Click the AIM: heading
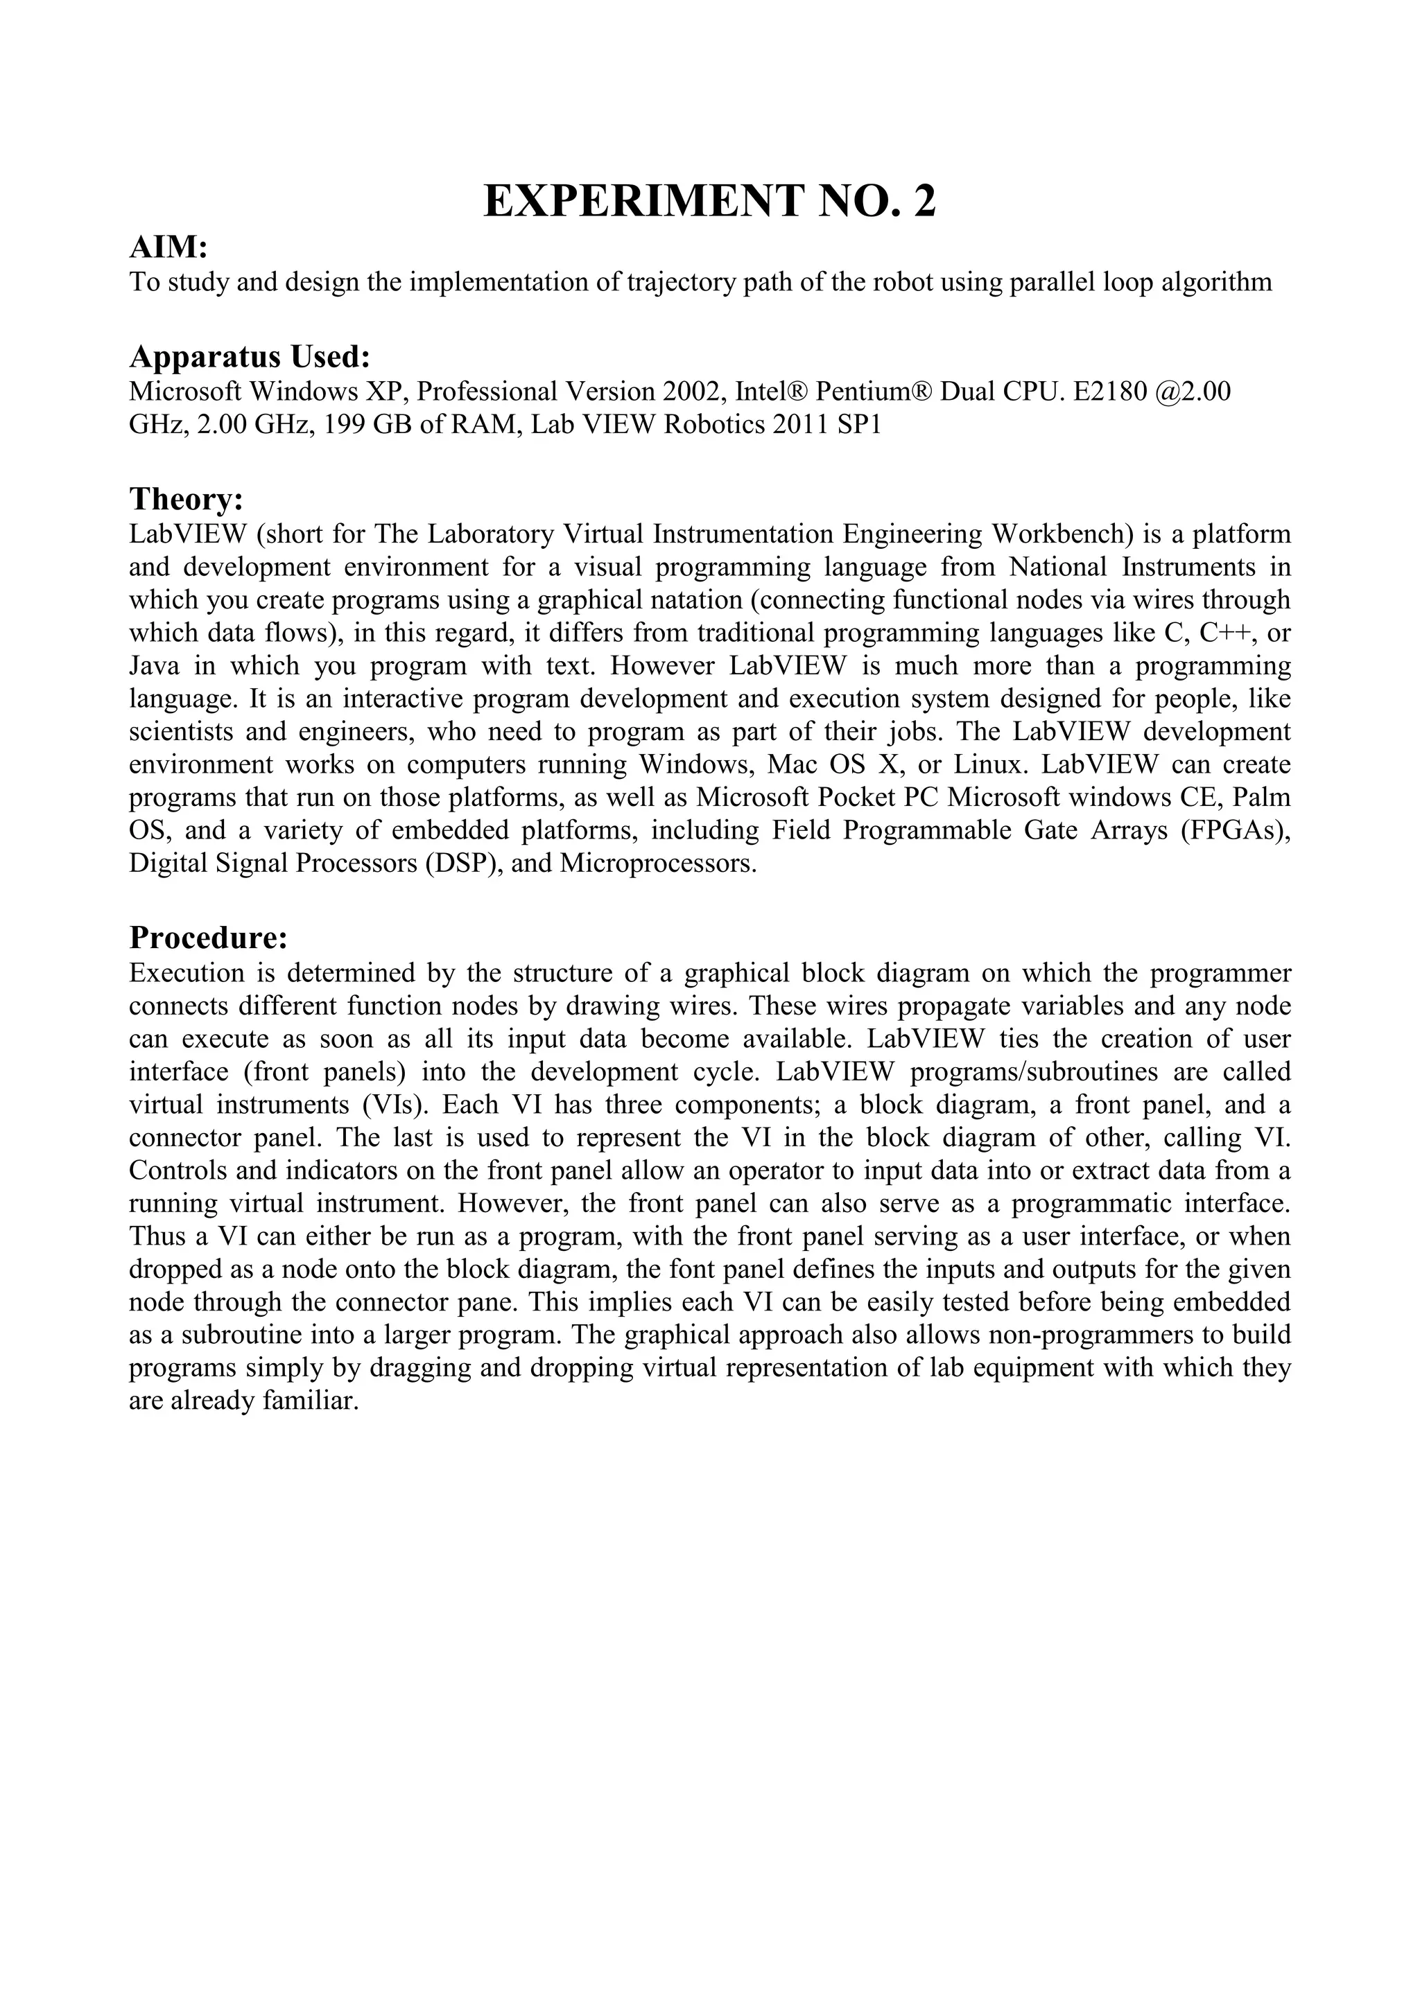tap(168, 248)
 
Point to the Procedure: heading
tap(208, 938)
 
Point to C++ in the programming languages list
tap(1229, 633)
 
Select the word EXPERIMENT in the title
tap(642, 202)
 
